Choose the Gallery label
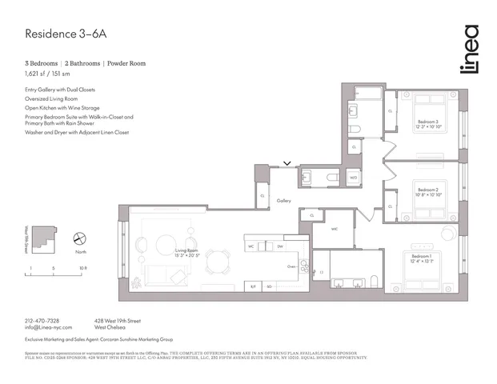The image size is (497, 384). coord(284,201)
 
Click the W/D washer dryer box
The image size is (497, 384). coord(353,178)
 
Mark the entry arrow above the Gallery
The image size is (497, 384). coord(287,164)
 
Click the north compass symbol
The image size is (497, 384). coord(80,238)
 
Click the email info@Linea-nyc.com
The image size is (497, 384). coord(48,327)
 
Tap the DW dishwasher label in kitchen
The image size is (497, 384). coord(280,246)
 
